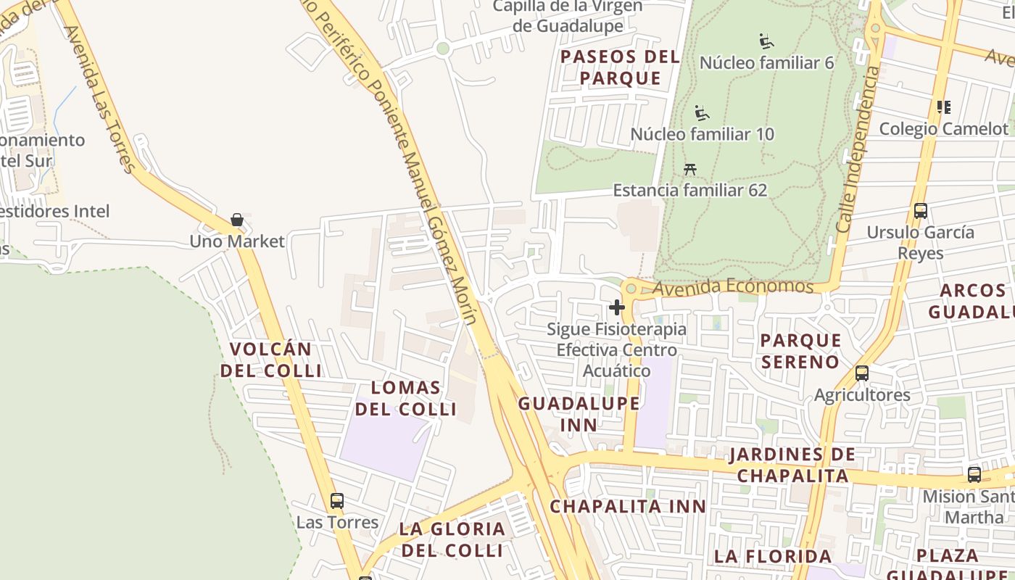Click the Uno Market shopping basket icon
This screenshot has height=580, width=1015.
click(236, 219)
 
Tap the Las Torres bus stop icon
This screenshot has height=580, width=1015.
click(337, 500)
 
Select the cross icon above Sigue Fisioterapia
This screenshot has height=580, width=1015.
click(617, 307)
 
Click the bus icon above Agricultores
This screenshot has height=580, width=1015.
click(862, 373)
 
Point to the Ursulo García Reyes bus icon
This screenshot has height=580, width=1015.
click(921, 211)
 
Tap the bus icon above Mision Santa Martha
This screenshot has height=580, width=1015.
click(974, 475)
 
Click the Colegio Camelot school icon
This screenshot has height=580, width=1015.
click(943, 107)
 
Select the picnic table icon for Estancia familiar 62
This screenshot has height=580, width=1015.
click(690, 169)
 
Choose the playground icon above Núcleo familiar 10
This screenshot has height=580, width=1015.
click(701, 112)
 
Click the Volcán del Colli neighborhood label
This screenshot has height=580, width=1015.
click(270, 360)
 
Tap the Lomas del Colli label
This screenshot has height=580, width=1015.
click(406, 398)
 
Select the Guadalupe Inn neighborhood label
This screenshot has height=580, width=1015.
click(579, 414)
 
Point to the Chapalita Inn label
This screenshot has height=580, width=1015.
click(628, 506)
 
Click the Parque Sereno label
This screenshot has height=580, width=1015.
click(800, 351)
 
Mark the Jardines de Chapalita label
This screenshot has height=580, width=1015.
click(792, 465)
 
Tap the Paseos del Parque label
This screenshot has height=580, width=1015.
click(621, 67)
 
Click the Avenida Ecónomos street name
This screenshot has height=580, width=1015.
click(732, 287)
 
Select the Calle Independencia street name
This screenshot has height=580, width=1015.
click(858, 149)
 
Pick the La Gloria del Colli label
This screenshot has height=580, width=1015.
click(452, 539)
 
